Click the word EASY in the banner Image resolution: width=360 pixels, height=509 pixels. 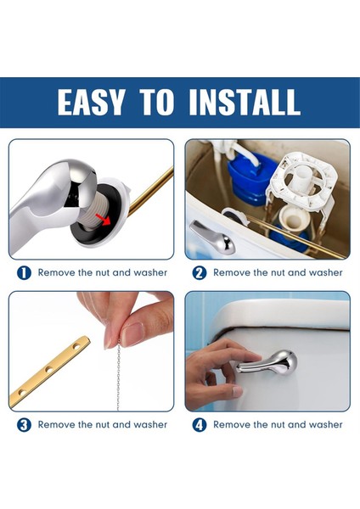tap(91, 102)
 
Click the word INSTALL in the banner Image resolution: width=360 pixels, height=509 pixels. tap(244, 102)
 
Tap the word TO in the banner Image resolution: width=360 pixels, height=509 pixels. tap(156, 102)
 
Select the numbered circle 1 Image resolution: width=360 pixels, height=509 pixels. tap(24, 273)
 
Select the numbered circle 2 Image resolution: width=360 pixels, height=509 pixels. tap(200, 273)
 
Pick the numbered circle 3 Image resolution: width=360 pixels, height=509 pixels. tap(24, 425)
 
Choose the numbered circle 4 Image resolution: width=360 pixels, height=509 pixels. tap(200, 425)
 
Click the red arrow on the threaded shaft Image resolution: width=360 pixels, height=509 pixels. tap(104, 220)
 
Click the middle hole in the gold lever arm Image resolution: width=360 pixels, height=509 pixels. tap(49, 369)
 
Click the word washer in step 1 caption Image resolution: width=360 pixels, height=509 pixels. tap(150, 272)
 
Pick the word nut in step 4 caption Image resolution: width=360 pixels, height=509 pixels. tap(280, 425)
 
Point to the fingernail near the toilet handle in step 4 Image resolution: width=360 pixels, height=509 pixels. tap(238, 391)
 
